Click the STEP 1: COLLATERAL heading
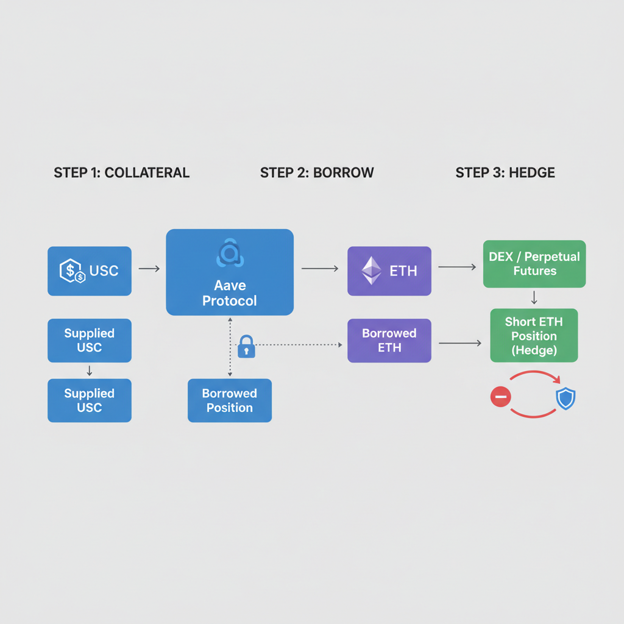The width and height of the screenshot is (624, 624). [121, 172]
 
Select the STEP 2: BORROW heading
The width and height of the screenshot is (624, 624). [317, 172]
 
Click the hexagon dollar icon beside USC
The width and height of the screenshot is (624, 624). [72, 271]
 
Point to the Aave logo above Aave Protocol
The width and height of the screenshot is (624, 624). [230, 254]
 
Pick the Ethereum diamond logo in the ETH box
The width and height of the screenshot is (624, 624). [372, 271]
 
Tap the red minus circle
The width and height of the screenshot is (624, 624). [500, 398]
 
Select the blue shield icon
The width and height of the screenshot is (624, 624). [565, 399]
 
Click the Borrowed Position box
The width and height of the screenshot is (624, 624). [229, 400]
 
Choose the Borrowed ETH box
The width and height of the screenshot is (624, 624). [389, 341]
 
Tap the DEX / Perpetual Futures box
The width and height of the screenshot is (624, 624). [534, 264]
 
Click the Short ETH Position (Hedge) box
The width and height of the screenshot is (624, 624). [534, 336]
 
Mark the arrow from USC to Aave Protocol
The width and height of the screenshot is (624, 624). [149, 268]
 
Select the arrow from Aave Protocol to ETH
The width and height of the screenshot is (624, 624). [319, 268]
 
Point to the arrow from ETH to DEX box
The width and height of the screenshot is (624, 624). [456, 266]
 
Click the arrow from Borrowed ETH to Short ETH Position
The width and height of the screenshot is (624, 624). [460, 344]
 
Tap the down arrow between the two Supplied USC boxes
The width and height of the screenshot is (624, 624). [90, 370]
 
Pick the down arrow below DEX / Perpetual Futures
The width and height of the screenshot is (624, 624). [534, 298]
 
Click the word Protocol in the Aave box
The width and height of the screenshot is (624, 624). [230, 300]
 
